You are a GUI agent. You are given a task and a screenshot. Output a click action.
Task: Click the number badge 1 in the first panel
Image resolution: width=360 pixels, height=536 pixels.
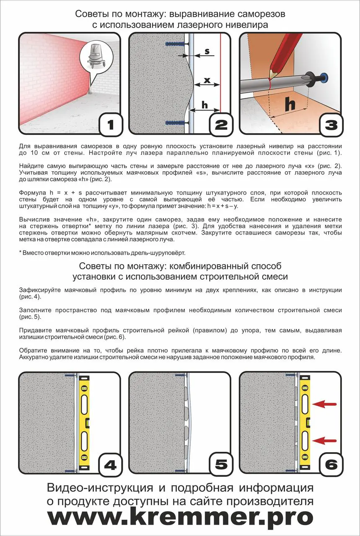pos(111,124)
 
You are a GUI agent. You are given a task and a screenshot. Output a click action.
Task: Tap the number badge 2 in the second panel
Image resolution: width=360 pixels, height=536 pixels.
pos(221,124)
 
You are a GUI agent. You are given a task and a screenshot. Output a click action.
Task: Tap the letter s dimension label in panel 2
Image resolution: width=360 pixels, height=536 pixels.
pos(207,52)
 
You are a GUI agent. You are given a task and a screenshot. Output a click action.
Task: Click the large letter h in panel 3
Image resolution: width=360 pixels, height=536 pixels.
pos(290,103)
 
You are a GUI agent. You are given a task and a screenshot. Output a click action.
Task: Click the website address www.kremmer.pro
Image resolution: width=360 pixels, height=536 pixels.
pos(180,518)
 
